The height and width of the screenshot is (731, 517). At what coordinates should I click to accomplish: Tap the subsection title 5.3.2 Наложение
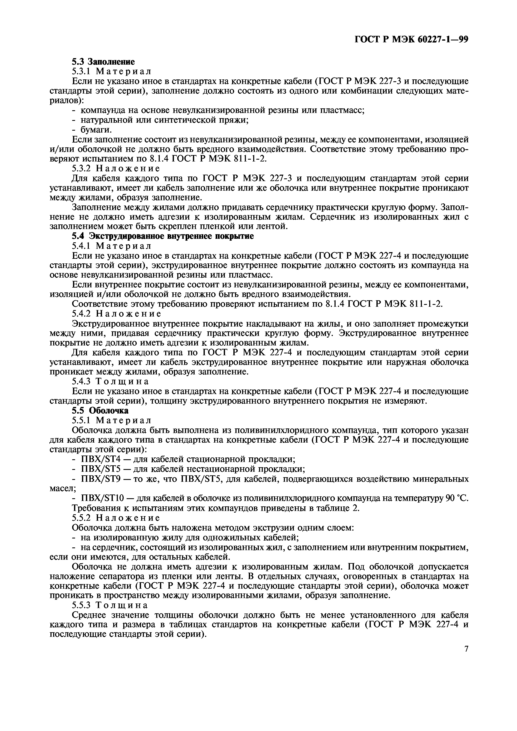[x=116, y=168]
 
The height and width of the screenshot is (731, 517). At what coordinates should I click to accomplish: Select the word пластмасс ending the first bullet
[x=342, y=110]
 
